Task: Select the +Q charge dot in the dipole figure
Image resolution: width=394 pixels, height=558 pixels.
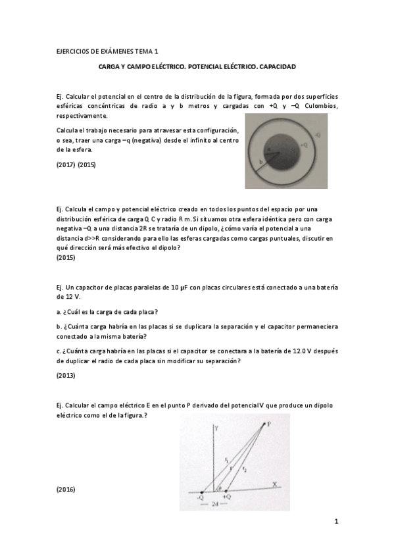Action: (227, 492)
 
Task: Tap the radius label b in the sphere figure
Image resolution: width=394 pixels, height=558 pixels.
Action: (261, 161)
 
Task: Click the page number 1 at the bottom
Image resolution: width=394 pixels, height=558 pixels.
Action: (335, 522)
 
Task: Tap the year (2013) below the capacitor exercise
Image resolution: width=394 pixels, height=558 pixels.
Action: (66, 376)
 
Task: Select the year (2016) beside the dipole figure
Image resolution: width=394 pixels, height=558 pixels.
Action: (66, 490)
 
